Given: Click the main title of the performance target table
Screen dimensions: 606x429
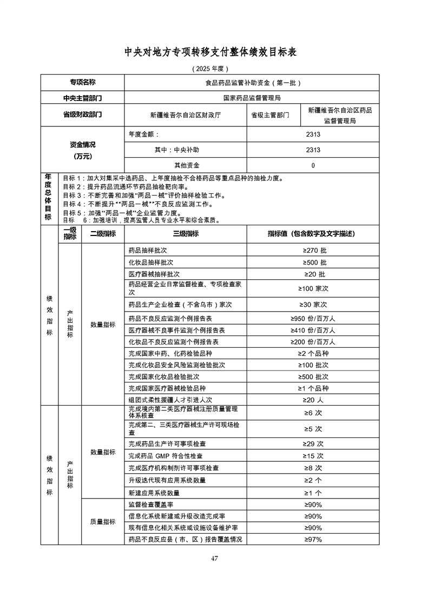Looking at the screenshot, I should pos(214,52).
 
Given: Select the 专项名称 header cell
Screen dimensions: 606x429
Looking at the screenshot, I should pos(82,83).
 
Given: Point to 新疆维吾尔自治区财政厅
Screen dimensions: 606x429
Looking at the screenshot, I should pos(186,115).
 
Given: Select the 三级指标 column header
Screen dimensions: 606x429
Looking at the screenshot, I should pos(185,234).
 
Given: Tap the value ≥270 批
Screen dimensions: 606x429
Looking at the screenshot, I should pos(314,251).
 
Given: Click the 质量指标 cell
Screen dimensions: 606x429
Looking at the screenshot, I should pos(102,522).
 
